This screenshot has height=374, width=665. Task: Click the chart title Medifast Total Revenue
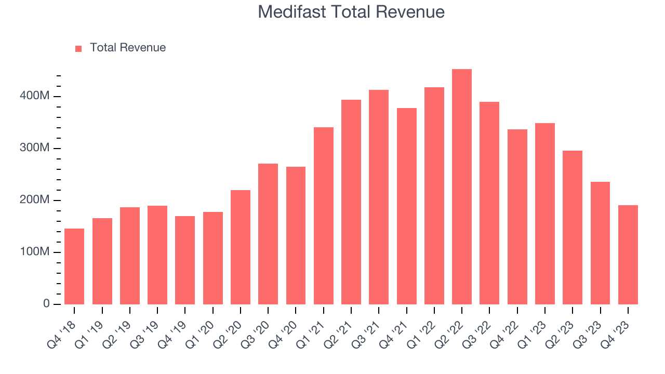click(351, 12)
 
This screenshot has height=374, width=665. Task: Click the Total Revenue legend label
click(127, 48)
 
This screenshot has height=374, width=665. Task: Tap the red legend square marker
click(78, 49)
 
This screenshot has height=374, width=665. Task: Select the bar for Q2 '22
click(462, 187)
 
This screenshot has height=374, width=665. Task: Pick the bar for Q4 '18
click(74, 266)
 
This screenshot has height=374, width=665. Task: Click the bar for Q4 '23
click(628, 255)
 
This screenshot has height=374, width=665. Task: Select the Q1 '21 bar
click(324, 216)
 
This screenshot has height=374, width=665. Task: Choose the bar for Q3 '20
click(268, 234)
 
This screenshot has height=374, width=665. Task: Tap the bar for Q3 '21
click(379, 197)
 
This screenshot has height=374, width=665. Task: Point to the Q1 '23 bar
click(545, 213)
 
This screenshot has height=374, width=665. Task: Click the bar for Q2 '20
click(241, 247)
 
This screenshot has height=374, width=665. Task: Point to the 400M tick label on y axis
click(35, 97)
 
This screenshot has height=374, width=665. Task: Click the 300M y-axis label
click(35, 149)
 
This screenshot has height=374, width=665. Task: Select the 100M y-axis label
click(35, 252)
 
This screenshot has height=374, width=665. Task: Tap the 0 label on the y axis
click(47, 304)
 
